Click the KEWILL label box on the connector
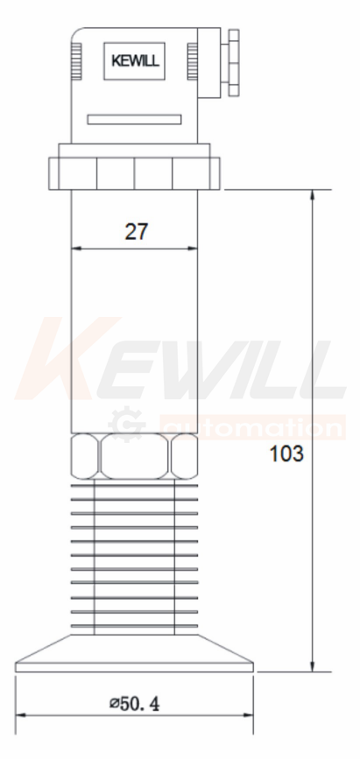[134, 61]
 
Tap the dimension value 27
[136, 232]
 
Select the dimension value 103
[286, 454]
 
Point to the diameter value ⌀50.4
[134, 703]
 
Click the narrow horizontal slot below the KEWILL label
[134, 120]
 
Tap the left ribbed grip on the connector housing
[76, 61]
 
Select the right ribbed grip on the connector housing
[193, 61]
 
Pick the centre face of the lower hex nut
[135, 456]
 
